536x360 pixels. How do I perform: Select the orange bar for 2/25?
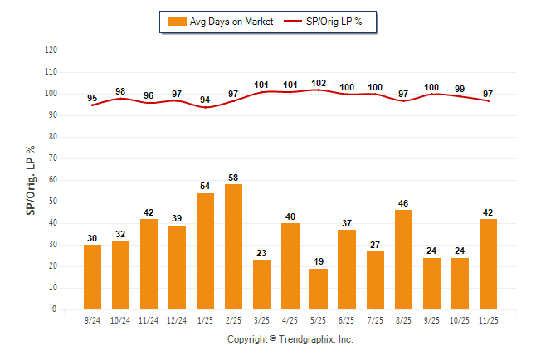(x=234, y=246)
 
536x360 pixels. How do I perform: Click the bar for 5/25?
(x=319, y=289)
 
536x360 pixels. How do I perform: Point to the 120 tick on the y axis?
(x=51, y=51)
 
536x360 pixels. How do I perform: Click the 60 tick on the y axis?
(x=52, y=180)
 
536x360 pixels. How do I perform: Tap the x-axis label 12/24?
(x=178, y=319)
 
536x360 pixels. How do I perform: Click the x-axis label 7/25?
(x=375, y=319)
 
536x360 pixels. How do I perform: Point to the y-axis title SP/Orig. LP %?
(x=31, y=180)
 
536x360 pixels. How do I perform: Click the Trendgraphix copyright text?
(x=290, y=339)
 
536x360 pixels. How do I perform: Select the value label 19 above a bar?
(x=319, y=262)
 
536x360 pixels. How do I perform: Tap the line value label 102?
(x=319, y=83)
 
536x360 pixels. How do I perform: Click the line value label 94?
(x=206, y=100)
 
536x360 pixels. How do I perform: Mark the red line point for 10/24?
(x=121, y=99)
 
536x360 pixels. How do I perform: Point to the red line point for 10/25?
(x=460, y=96)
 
